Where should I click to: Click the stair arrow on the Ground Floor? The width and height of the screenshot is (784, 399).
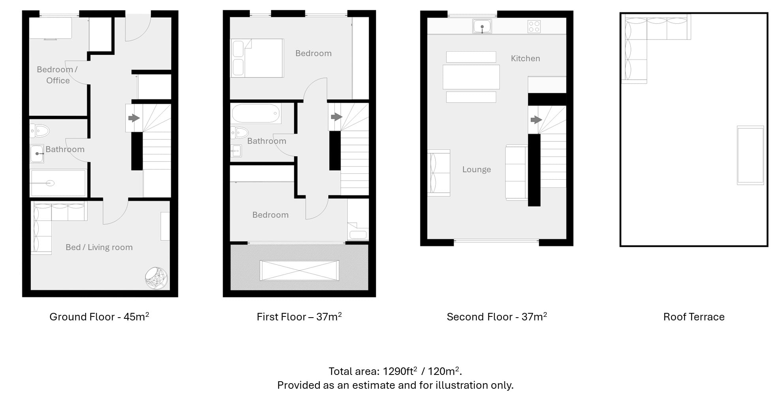pos(134,118)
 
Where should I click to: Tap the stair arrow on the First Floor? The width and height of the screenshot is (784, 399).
pos(336,117)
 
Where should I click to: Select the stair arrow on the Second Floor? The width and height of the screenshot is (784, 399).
pos(536,119)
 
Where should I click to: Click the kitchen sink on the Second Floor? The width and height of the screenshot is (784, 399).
pos(482,26)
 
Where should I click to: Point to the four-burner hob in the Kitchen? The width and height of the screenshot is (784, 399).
pos(534,26)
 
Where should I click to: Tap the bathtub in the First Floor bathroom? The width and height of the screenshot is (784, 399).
pos(256,113)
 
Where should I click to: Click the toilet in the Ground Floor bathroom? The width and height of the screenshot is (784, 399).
pos(39,130)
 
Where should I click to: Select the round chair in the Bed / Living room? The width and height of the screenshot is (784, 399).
pos(156,278)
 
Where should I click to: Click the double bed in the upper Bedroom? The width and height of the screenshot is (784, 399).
pos(257,58)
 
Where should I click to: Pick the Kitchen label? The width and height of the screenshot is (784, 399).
pos(525,58)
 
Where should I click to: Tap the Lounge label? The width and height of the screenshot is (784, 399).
pos(476,169)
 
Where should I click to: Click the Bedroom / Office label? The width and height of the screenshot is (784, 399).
pos(58,75)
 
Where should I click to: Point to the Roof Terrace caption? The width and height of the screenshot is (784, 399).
pos(694,317)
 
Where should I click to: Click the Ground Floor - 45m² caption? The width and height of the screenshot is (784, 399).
pos(99,316)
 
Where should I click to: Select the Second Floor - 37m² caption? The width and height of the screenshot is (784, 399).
pos(497,316)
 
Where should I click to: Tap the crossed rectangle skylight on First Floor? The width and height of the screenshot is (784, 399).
pos(299,271)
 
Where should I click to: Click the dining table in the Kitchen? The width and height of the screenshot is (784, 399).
pos(471,77)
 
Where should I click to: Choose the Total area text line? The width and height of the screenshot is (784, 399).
pos(395,371)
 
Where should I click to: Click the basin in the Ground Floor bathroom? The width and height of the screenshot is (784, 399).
pos(37,154)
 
